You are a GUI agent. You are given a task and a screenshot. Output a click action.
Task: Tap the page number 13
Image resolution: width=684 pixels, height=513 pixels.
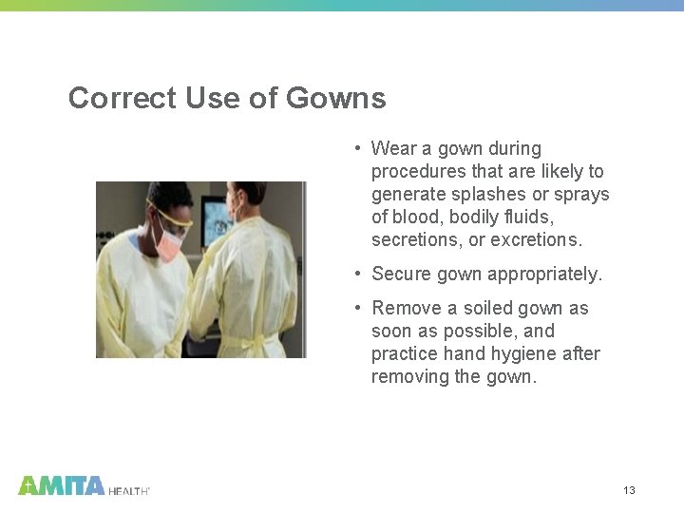(x=629, y=490)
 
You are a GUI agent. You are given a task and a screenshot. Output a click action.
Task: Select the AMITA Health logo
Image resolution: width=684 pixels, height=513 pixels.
(x=84, y=485)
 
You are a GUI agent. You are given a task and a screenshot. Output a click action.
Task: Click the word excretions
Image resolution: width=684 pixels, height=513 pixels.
(x=537, y=240)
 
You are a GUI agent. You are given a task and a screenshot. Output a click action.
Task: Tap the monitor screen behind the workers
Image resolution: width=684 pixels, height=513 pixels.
(x=218, y=217)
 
